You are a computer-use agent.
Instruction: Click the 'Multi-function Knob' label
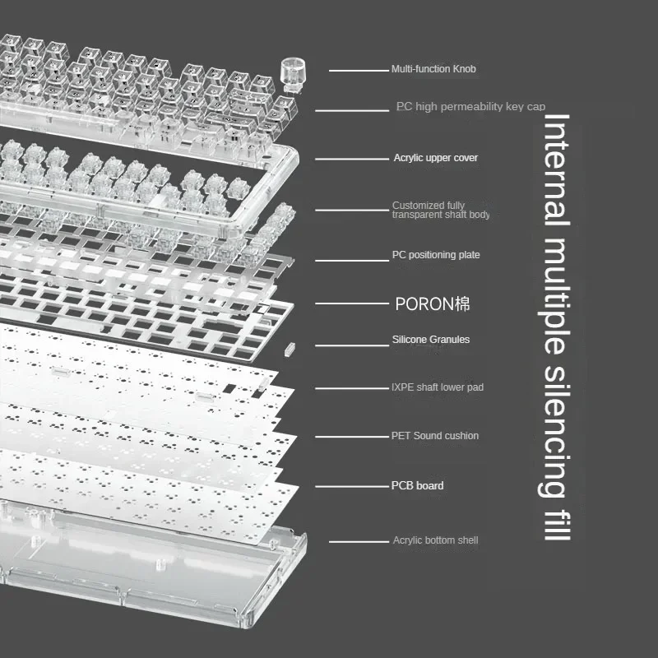(433, 69)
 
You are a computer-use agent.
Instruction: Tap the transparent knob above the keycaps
(293, 75)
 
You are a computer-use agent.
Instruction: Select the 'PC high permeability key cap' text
(470, 107)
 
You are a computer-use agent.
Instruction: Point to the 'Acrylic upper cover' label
(436, 158)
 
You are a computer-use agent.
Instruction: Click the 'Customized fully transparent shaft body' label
(441, 210)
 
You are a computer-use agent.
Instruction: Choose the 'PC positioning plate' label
(436, 255)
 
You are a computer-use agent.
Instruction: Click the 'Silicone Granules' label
(430, 340)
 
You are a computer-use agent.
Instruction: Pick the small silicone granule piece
(290, 349)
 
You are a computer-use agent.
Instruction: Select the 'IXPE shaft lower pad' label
(438, 387)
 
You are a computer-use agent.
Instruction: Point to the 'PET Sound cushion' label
(435, 436)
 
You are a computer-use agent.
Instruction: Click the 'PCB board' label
(417, 485)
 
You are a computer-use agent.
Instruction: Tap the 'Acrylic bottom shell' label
(435, 540)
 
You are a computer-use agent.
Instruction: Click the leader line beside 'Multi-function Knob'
(359, 71)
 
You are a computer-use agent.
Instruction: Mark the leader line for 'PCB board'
(352, 487)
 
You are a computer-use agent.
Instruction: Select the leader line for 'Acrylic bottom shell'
(359, 542)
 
